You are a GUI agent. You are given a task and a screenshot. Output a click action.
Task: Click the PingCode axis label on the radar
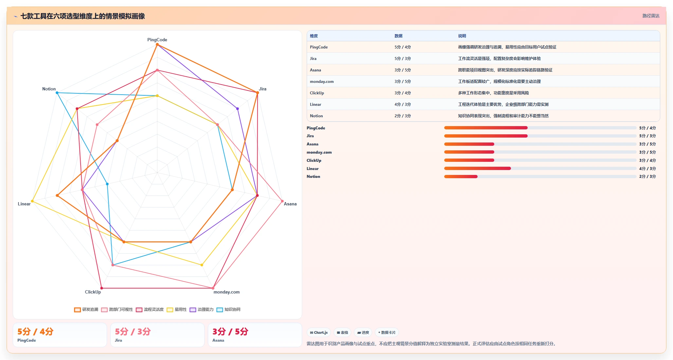click(x=157, y=40)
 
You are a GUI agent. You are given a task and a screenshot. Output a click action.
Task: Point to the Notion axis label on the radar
click(x=49, y=89)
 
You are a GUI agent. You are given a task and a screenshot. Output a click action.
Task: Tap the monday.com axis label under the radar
click(x=227, y=292)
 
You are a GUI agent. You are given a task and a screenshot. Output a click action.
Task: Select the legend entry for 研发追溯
click(x=86, y=310)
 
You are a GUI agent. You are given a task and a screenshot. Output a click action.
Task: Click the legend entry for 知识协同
click(x=228, y=310)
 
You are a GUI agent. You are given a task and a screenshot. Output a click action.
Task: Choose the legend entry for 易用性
click(x=177, y=310)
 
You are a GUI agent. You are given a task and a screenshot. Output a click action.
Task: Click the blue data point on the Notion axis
click(x=57, y=93)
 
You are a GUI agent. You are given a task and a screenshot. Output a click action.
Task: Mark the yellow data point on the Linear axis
click(x=32, y=201)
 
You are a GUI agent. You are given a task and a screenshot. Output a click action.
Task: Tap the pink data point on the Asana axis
click(x=282, y=201)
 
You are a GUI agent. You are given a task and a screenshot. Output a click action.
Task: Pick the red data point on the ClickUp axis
click(x=101, y=288)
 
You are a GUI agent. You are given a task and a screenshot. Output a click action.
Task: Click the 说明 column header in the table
click(x=462, y=36)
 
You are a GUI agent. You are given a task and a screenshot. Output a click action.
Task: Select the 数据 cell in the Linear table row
click(x=403, y=104)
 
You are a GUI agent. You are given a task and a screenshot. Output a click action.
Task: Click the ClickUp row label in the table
click(x=317, y=93)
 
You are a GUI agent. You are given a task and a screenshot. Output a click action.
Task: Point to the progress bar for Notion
click(x=540, y=177)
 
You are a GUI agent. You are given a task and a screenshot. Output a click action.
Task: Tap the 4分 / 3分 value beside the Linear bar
click(x=647, y=169)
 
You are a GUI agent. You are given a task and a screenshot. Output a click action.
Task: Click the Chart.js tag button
click(x=319, y=332)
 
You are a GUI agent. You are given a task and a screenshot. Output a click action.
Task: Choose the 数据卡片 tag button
click(x=387, y=332)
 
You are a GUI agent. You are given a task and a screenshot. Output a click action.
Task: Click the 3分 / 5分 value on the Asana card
click(x=230, y=332)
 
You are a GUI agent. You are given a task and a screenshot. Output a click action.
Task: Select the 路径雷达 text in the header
click(x=651, y=16)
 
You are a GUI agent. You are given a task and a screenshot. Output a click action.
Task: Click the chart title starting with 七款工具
click(x=82, y=16)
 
